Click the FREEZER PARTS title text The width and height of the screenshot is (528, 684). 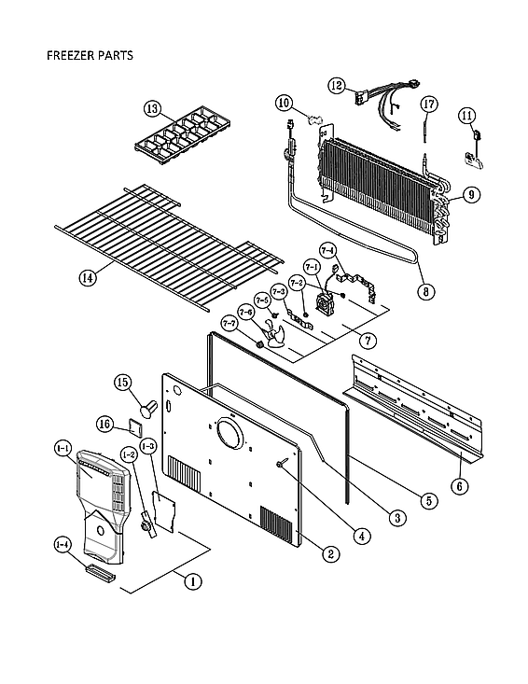coord(90,55)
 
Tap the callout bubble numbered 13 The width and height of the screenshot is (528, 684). coord(153,108)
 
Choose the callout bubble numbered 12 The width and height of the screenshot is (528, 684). coord(337,85)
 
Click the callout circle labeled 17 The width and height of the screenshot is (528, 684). coord(428,104)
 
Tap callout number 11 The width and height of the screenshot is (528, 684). coord(466,116)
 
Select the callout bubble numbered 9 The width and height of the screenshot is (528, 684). coord(471,194)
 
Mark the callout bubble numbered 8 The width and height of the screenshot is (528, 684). coord(426,289)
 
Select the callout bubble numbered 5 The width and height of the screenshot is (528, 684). coord(427,500)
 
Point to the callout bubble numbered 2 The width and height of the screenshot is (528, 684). coord(329,552)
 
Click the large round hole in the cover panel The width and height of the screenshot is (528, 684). coord(227,434)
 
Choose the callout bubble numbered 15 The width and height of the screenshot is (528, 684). coord(147,382)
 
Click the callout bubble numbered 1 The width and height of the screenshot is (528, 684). coord(192,581)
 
